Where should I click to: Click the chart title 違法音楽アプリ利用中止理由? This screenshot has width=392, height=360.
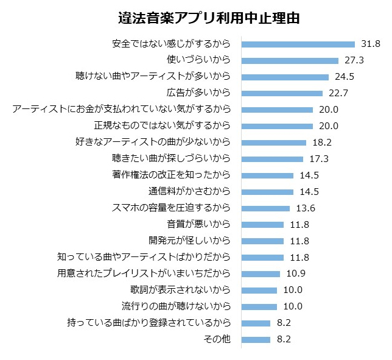[208, 18]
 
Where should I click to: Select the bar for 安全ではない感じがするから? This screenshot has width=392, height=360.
[298, 44]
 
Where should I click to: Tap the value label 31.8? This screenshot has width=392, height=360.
[370, 44]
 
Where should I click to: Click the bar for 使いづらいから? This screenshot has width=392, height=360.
[290, 60]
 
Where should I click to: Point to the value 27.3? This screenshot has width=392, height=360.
[354, 60]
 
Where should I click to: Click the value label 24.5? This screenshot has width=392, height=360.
[344, 77]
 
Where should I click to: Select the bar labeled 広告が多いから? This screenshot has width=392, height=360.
[282, 93]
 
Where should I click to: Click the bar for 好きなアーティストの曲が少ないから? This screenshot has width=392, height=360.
[274, 143]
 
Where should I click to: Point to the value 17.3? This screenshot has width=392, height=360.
[318, 159]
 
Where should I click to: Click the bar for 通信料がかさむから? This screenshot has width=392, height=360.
[267, 192]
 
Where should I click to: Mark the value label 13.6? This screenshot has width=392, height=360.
[304, 208]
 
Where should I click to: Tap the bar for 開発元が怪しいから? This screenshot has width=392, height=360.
[262, 241]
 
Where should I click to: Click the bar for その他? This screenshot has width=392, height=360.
[256, 339]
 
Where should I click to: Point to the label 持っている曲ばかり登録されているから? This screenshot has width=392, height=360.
[149, 323]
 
